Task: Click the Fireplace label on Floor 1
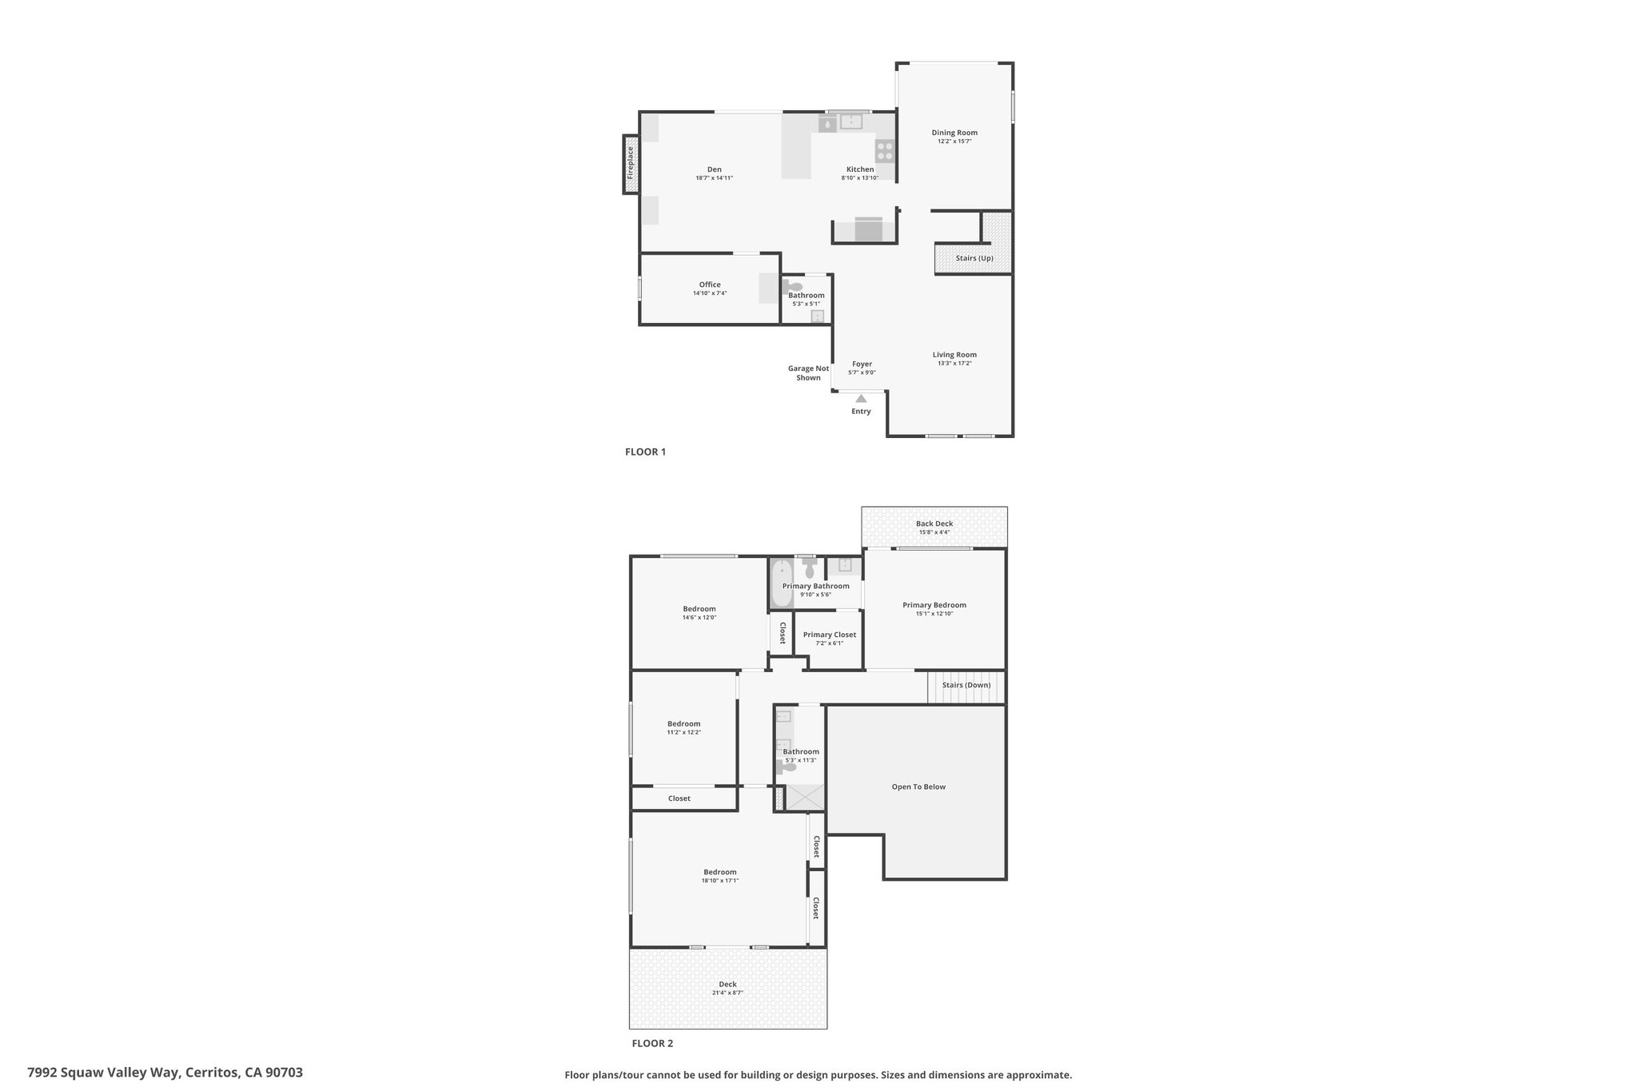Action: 630,162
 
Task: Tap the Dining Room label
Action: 954,133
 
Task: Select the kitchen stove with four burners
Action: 885,151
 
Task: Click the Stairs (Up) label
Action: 974,258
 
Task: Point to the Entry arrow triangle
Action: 861,398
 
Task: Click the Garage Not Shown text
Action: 808,373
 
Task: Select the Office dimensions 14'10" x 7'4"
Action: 710,293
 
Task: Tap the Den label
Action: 714,169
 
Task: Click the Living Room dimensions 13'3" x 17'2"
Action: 954,363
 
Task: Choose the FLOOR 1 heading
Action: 645,452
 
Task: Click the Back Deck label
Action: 934,524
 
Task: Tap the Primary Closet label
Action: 830,635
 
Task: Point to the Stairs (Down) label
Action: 966,685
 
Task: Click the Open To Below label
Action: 918,786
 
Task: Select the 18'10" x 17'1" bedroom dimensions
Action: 719,881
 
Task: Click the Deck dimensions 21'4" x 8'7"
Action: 727,993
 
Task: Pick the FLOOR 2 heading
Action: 652,1043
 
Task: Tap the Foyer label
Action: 862,364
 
